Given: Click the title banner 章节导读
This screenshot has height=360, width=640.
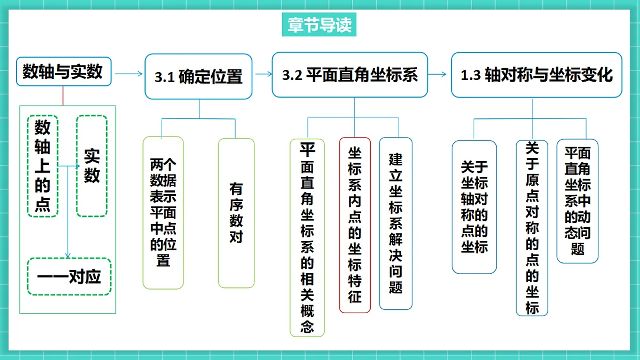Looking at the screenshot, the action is click(319, 25).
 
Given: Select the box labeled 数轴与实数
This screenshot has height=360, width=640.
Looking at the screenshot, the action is click(63, 71).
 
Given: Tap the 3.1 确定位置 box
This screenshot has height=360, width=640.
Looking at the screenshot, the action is click(198, 77).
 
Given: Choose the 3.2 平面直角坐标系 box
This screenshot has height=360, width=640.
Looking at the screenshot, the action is click(350, 75).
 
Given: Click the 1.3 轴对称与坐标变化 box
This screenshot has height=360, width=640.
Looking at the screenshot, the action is click(537, 75).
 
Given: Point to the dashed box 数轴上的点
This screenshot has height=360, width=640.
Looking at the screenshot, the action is click(43, 166).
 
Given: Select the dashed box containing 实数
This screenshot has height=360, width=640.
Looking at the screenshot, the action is click(92, 166).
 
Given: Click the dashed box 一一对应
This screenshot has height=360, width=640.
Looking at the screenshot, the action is click(69, 277).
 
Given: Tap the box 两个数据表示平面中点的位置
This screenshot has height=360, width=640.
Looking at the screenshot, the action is click(163, 213).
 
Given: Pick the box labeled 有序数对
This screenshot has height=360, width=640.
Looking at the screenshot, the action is click(236, 213).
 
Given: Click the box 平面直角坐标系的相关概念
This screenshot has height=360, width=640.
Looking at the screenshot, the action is click(307, 238).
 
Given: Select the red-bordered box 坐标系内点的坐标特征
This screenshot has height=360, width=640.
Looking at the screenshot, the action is click(355, 225).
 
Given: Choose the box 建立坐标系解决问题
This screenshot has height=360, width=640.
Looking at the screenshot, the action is click(396, 223).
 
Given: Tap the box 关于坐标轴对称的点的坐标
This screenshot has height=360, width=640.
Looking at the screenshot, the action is click(474, 207).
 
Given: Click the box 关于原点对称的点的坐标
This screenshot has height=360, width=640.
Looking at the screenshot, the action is click(532, 228).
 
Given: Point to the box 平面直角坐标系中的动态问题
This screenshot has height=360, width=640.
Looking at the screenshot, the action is click(578, 201).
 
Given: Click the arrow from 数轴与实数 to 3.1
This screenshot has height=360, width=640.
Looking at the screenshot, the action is click(129, 74).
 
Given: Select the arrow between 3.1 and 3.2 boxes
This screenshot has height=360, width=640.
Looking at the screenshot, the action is click(264, 74).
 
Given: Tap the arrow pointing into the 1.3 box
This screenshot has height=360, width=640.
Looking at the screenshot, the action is click(437, 74).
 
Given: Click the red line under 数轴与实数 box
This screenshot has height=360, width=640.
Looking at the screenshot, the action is click(63, 95).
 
